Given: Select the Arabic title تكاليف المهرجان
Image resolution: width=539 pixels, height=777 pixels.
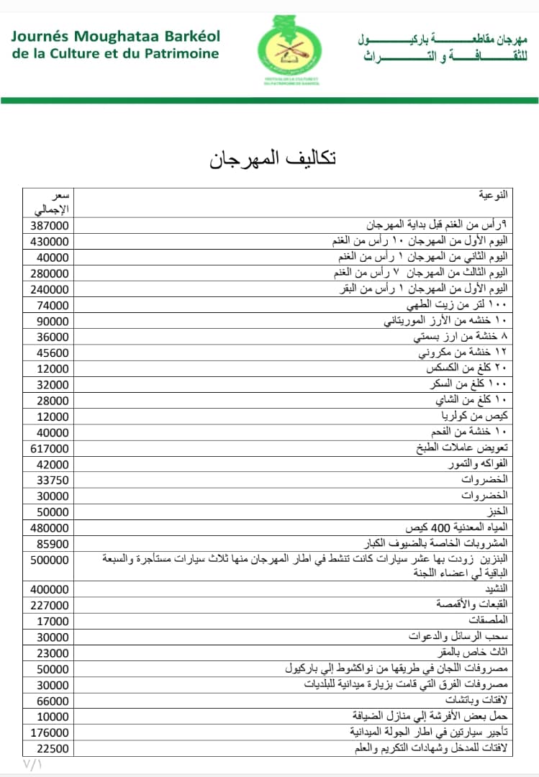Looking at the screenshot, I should click(x=273, y=158).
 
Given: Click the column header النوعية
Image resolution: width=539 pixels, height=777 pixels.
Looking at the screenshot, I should click(x=493, y=195).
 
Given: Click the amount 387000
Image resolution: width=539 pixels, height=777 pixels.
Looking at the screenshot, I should click(x=50, y=226).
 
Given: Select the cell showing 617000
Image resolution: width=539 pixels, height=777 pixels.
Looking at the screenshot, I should click(x=50, y=448).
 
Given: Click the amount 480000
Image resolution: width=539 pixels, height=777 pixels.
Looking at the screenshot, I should click(x=50, y=527).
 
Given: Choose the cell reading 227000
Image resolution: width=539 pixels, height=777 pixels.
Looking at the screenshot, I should click(x=50, y=605).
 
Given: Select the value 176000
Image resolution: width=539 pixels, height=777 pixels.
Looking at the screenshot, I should click(x=50, y=732).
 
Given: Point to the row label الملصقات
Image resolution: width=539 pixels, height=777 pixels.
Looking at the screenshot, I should click(x=488, y=621).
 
